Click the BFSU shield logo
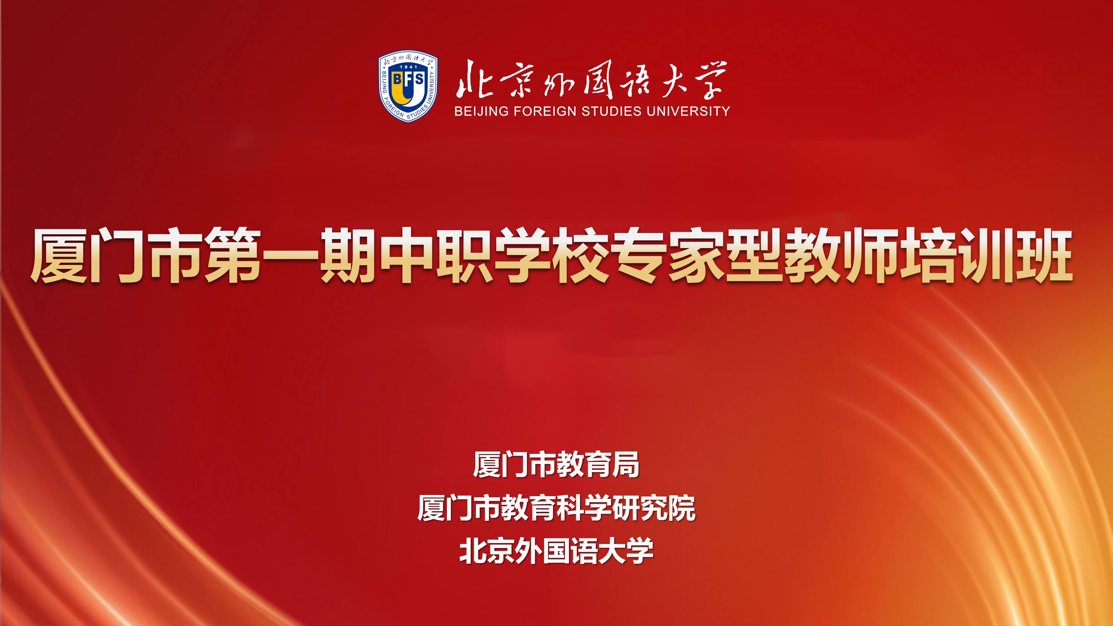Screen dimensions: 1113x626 coord(408,86)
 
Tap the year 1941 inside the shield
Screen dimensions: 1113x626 coord(408,67)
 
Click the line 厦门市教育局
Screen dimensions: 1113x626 coord(556,465)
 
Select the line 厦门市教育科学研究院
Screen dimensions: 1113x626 coord(556,508)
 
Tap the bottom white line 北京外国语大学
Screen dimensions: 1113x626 coord(556,551)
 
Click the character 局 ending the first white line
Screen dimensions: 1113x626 coord(626,465)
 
